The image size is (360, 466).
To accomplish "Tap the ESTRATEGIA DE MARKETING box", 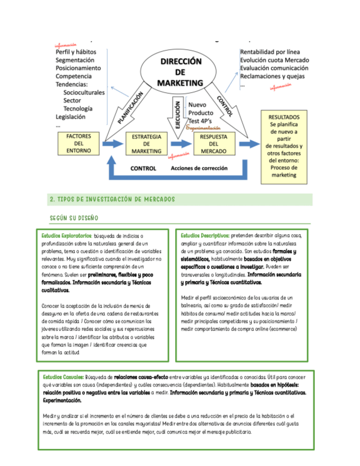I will pos(147,143).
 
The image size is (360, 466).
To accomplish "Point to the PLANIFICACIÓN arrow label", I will pos(131,107).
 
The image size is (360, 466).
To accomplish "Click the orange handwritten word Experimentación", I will pos(208,128).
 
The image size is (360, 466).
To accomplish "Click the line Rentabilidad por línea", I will pos(269,52).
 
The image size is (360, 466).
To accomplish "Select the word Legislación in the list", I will pos(70,116).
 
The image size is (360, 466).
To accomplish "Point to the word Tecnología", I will pos(77,108).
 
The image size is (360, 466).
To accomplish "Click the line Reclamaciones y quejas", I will pos(273,76).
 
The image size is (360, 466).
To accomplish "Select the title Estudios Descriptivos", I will pos(205,235).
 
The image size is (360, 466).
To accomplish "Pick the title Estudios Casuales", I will pos(64,378).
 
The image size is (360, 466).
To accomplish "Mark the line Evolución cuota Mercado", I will pos(274,60).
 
